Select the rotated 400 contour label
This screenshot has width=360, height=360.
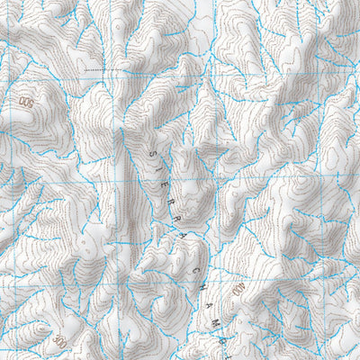[239, 290]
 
